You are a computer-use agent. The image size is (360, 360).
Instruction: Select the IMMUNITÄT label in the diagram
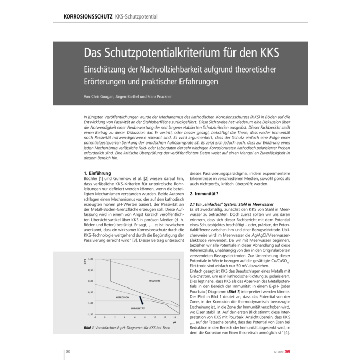pos(137,308)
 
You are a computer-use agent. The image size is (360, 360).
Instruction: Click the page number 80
pos(68,351)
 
